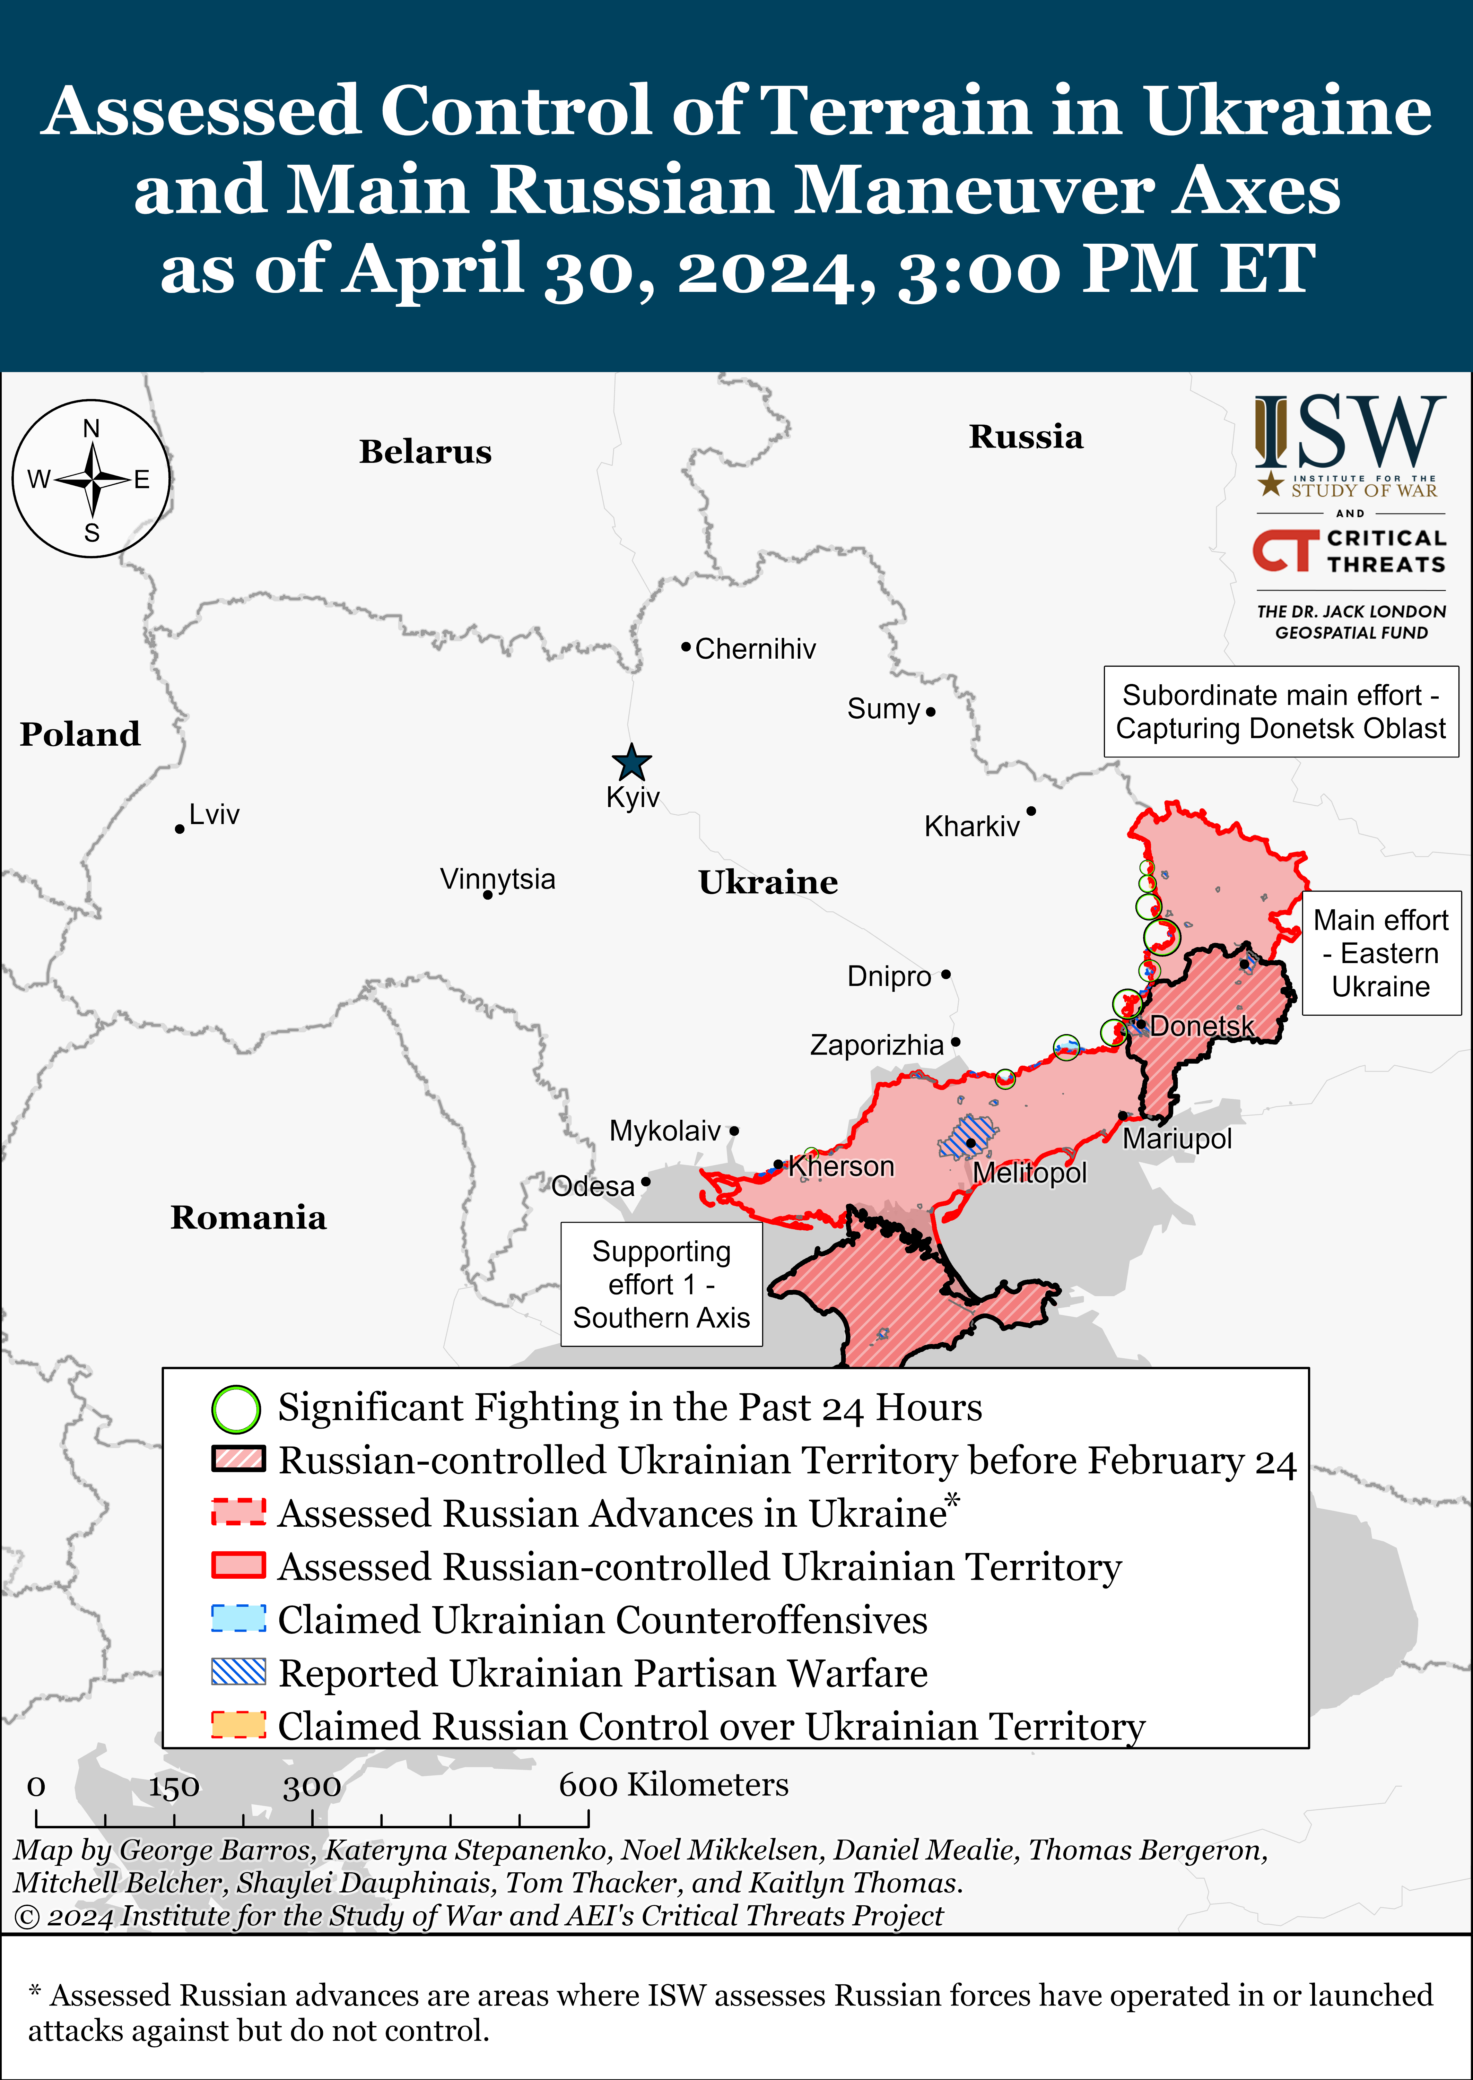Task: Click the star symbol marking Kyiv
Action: click(x=631, y=762)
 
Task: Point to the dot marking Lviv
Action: click(x=180, y=829)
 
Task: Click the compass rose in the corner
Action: click(x=91, y=479)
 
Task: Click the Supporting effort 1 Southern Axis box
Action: click(x=661, y=1284)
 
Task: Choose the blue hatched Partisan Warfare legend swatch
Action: click(x=238, y=1672)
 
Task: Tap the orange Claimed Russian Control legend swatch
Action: click(x=238, y=1724)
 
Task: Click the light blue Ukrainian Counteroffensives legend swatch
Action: click(x=238, y=1619)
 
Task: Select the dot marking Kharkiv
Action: click(x=1031, y=811)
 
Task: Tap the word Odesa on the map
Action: click(x=593, y=1186)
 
